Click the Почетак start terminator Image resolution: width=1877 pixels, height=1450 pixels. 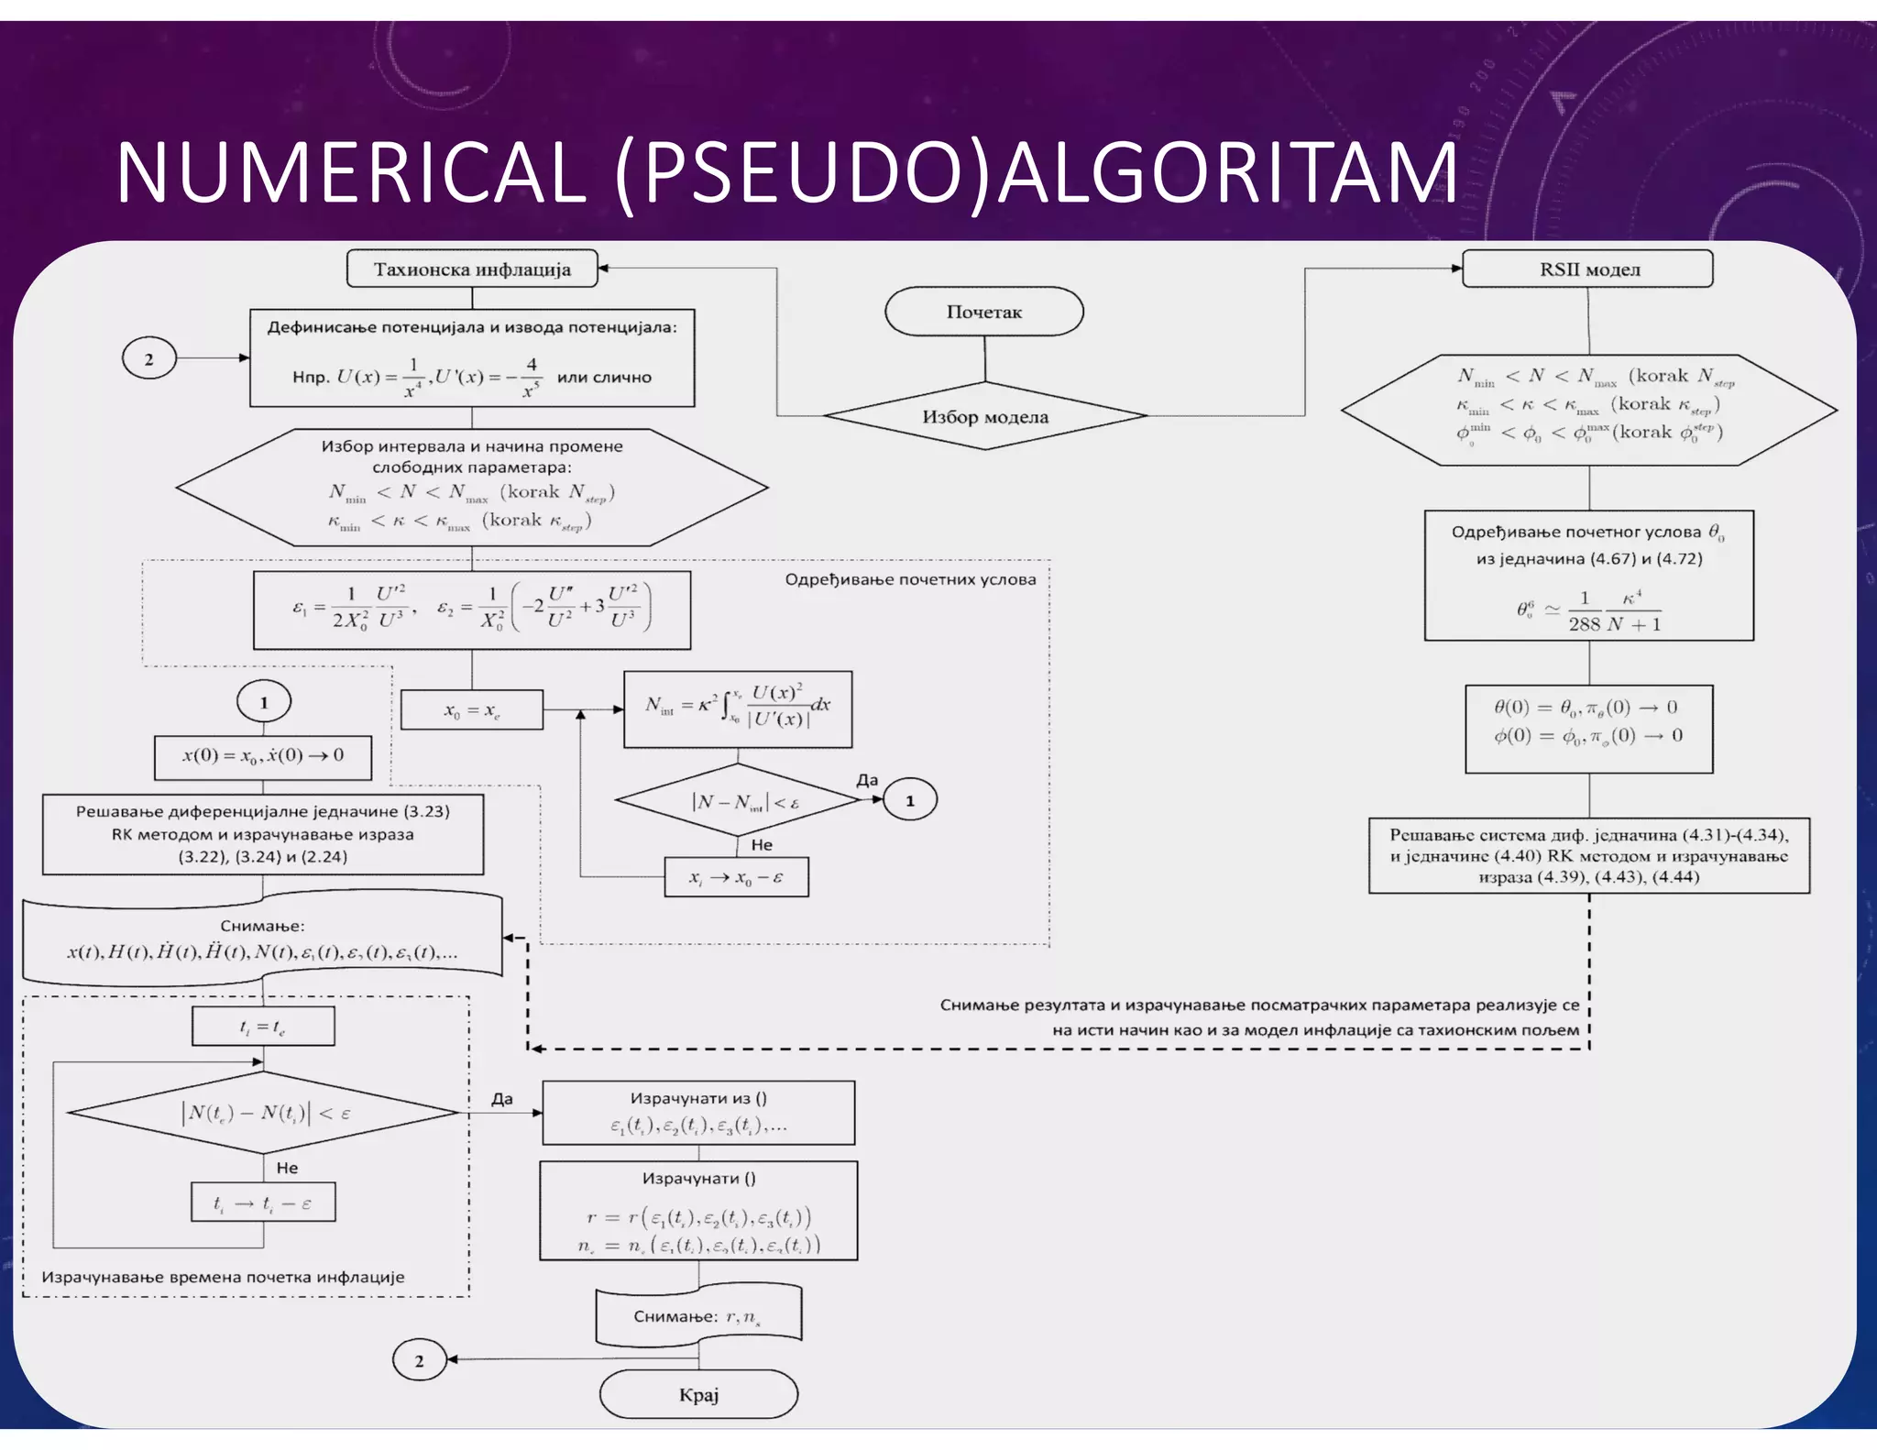coord(983,312)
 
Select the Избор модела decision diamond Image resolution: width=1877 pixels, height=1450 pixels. coord(984,416)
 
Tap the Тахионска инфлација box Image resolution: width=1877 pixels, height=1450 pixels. coord(472,269)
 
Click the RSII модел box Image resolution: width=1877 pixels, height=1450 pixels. coord(1587,269)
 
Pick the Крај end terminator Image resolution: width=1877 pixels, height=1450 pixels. coord(698,1394)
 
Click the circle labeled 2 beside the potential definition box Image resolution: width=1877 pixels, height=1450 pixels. coord(148,358)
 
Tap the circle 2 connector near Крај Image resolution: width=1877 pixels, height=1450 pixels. coord(419,1360)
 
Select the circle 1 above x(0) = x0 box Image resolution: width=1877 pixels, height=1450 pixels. coord(264,702)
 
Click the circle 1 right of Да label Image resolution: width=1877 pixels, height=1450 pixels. coord(909,800)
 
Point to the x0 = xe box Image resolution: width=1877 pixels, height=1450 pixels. coord(472,710)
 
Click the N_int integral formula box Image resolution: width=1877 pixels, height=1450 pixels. coord(737,709)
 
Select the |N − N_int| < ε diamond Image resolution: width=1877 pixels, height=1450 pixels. coord(738,801)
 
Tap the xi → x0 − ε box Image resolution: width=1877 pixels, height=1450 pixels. coord(736,877)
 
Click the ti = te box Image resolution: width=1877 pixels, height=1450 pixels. coord(263,1027)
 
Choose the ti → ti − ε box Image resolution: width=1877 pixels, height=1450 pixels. coord(263,1203)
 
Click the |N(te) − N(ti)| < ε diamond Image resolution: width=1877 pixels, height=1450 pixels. coord(263,1113)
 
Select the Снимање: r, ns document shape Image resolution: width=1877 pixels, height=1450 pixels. coord(698,1316)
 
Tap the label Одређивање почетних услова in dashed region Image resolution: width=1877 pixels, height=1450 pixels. coord(910,579)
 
